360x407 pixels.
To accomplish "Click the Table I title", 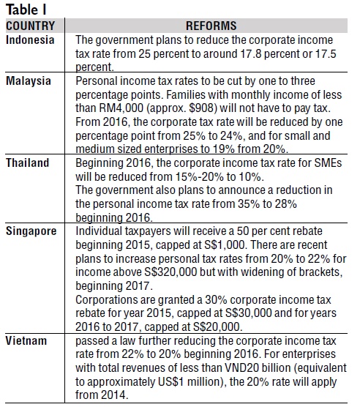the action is point(26,10).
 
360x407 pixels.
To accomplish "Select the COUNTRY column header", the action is point(30,26).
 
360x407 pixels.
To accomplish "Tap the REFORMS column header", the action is point(211,26).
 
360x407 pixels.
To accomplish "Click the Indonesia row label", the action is point(30,40).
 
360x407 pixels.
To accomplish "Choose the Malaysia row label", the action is point(29,81).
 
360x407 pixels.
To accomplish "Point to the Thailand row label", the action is point(28,163).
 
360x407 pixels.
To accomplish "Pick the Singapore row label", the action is point(31,231).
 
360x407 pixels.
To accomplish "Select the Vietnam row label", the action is point(26,340).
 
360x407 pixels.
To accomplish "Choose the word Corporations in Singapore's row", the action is point(106,300).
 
